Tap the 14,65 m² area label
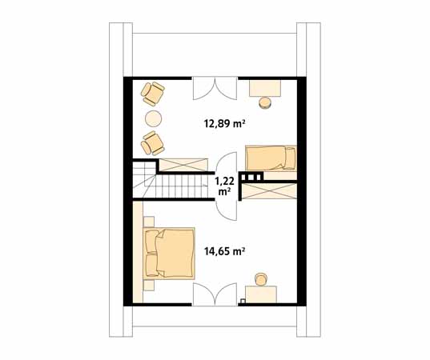pos(224,250)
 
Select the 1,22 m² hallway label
pos(223,186)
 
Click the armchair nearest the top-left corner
pos(151,94)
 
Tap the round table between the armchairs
pos(153,119)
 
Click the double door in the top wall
pos(215,86)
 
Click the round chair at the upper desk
pos(265,102)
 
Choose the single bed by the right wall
pos(270,157)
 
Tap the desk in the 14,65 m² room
pos(260,294)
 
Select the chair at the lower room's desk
pos(261,278)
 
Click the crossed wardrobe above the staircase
pos(183,165)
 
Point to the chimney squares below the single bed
pos(254,177)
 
